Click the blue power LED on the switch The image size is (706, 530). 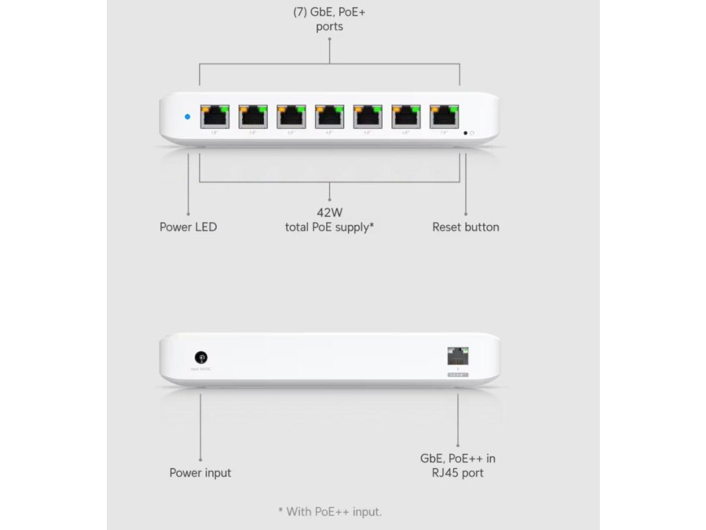click(x=188, y=116)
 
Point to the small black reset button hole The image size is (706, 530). click(x=466, y=132)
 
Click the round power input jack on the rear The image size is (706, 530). click(x=201, y=357)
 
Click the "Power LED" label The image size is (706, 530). click(x=188, y=227)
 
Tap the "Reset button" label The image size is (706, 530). click(x=465, y=227)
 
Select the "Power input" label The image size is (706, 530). click(x=201, y=473)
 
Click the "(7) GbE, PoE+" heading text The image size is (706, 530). click(x=329, y=12)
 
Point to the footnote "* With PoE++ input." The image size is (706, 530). click(x=330, y=511)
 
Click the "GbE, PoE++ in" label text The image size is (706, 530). click(x=458, y=458)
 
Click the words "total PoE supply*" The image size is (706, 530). click(x=330, y=227)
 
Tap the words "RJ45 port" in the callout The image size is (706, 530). click(x=458, y=473)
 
